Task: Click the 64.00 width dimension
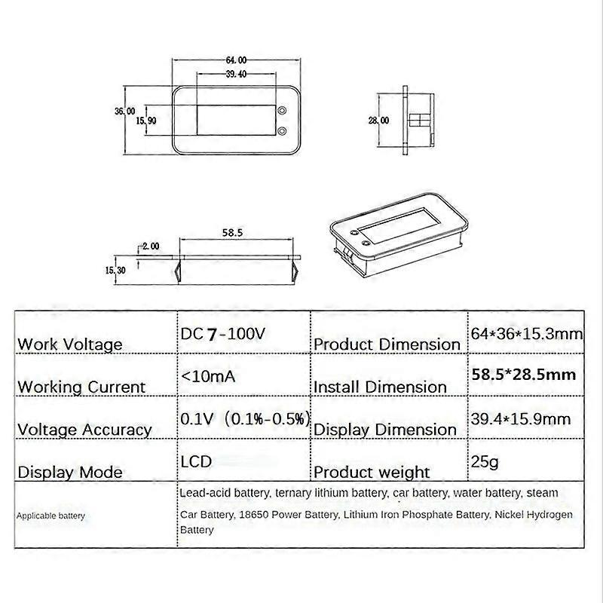pos(236,60)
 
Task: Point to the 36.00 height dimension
pos(124,111)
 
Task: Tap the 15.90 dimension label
pos(145,121)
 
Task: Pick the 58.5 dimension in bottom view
pos(232,234)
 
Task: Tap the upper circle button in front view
pos(282,111)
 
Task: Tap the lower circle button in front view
pos(282,131)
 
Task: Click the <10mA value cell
pos(207,375)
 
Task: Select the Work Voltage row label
pos(69,344)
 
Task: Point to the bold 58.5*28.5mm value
pos(524,375)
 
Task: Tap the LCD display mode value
pos(196,461)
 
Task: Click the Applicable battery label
pos(51,516)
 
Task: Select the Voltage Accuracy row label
pos(84,430)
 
